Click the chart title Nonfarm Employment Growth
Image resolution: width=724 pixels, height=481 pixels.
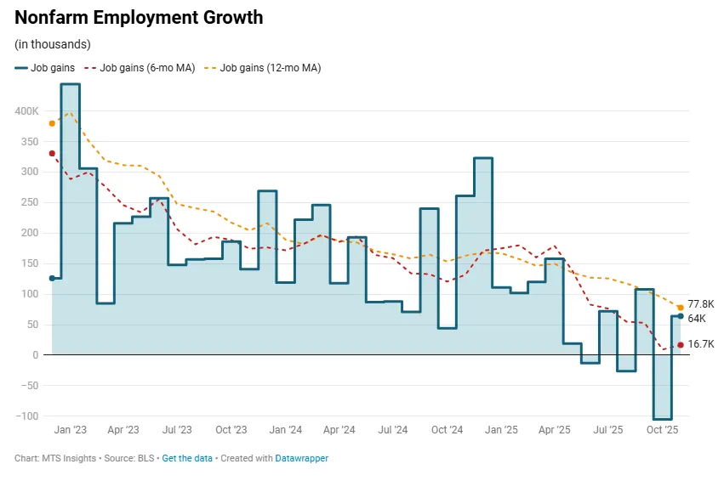coord(139,18)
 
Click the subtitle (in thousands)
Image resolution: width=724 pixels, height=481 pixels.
coord(53,44)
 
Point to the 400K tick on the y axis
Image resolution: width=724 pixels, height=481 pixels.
coord(26,111)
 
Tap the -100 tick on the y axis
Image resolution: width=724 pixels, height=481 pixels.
coord(27,416)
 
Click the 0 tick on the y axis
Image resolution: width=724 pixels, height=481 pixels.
coord(36,354)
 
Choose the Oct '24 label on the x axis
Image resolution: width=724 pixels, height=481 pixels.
coord(446,430)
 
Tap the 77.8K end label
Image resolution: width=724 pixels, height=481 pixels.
coord(700,303)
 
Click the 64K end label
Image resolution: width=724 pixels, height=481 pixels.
coord(697,319)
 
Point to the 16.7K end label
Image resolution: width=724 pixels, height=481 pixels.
coord(700,344)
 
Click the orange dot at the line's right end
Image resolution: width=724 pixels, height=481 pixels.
coord(681,308)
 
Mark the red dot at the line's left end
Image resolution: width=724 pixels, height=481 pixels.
coord(52,154)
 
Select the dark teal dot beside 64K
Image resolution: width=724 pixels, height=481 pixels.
coord(681,316)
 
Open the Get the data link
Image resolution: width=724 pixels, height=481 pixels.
coord(186,458)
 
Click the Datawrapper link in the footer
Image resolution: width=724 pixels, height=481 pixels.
coord(301,458)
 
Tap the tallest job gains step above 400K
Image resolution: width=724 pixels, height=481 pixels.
coord(71,84)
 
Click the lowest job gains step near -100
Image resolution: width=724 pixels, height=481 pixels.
coord(663,418)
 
